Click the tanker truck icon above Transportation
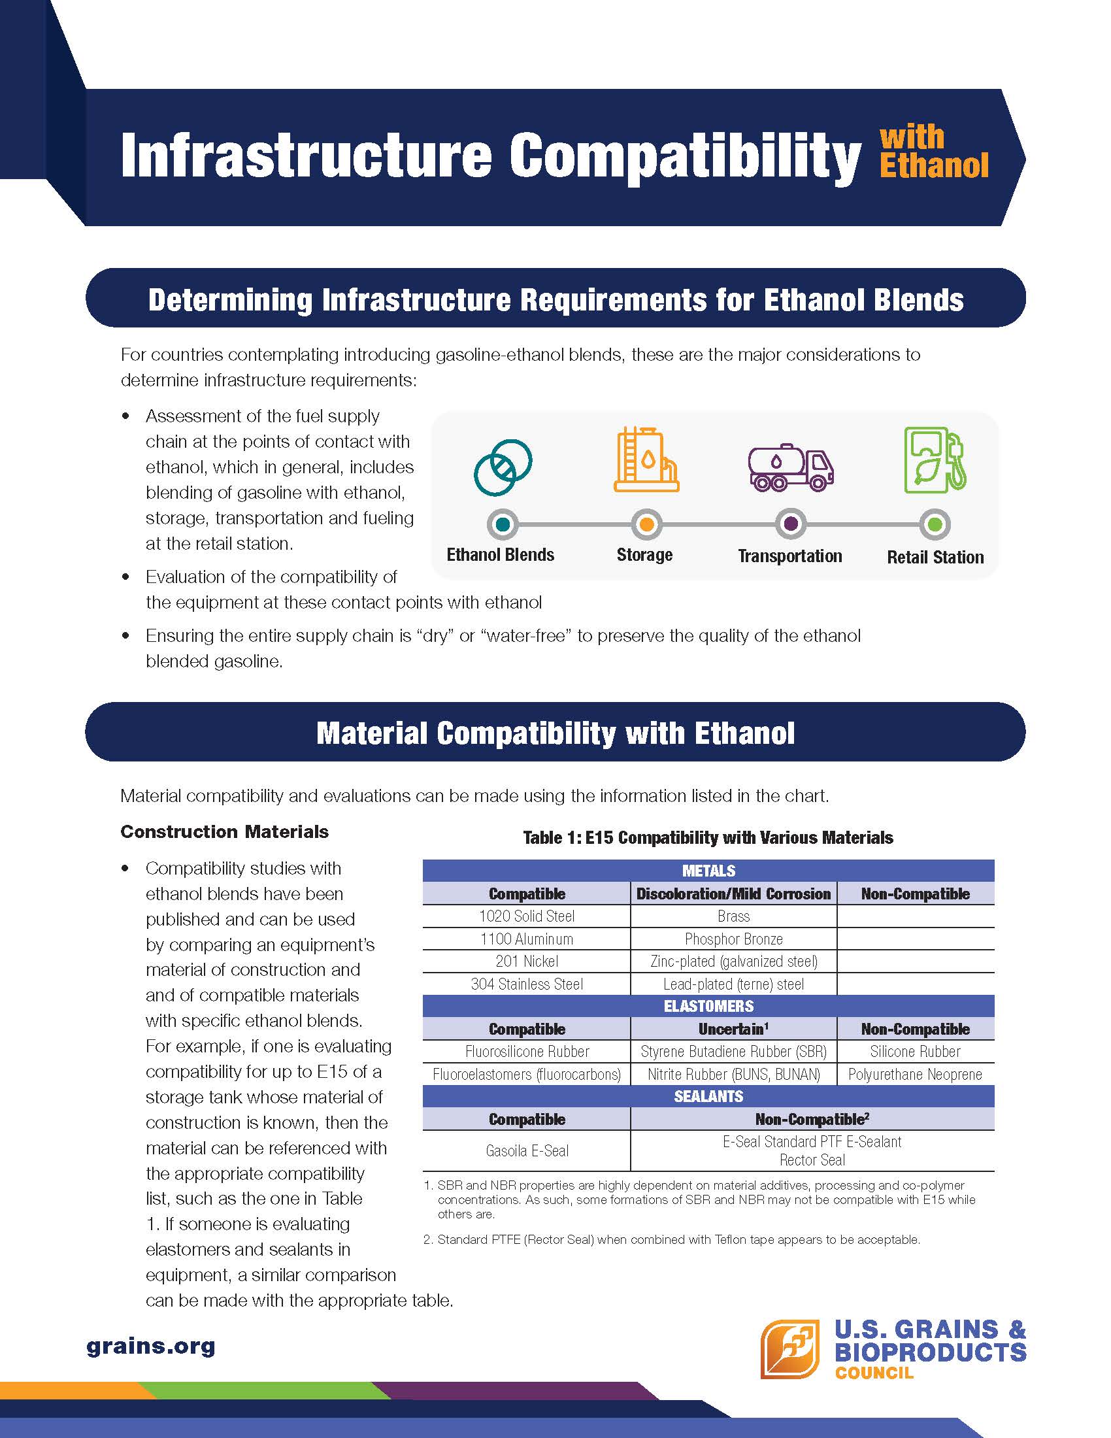(x=791, y=466)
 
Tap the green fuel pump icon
(x=935, y=460)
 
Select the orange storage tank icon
(x=646, y=460)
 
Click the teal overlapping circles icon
(x=503, y=466)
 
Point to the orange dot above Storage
(x=646, y=524)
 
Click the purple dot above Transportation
(x=791, y=524)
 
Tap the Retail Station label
(x=935, y=557)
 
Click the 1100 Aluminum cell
(x=527, y=938)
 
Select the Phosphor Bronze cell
(x=733, y=938)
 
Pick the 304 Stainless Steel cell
(x=527, y=984)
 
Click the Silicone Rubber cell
(x=915, y=1052)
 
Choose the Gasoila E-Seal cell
(x=527, y=1150)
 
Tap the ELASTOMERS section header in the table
(x=708, y=1006)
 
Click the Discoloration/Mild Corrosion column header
(x=733, y=894)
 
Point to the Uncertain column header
(x=733, y=1028)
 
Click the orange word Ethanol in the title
(x=933, y=165)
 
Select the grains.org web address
(x=151, y=1346)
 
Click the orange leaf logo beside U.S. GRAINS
(x=790, y=1348)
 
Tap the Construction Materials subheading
(x=224, y=831)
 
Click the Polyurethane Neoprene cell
(x=915, y=1075)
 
